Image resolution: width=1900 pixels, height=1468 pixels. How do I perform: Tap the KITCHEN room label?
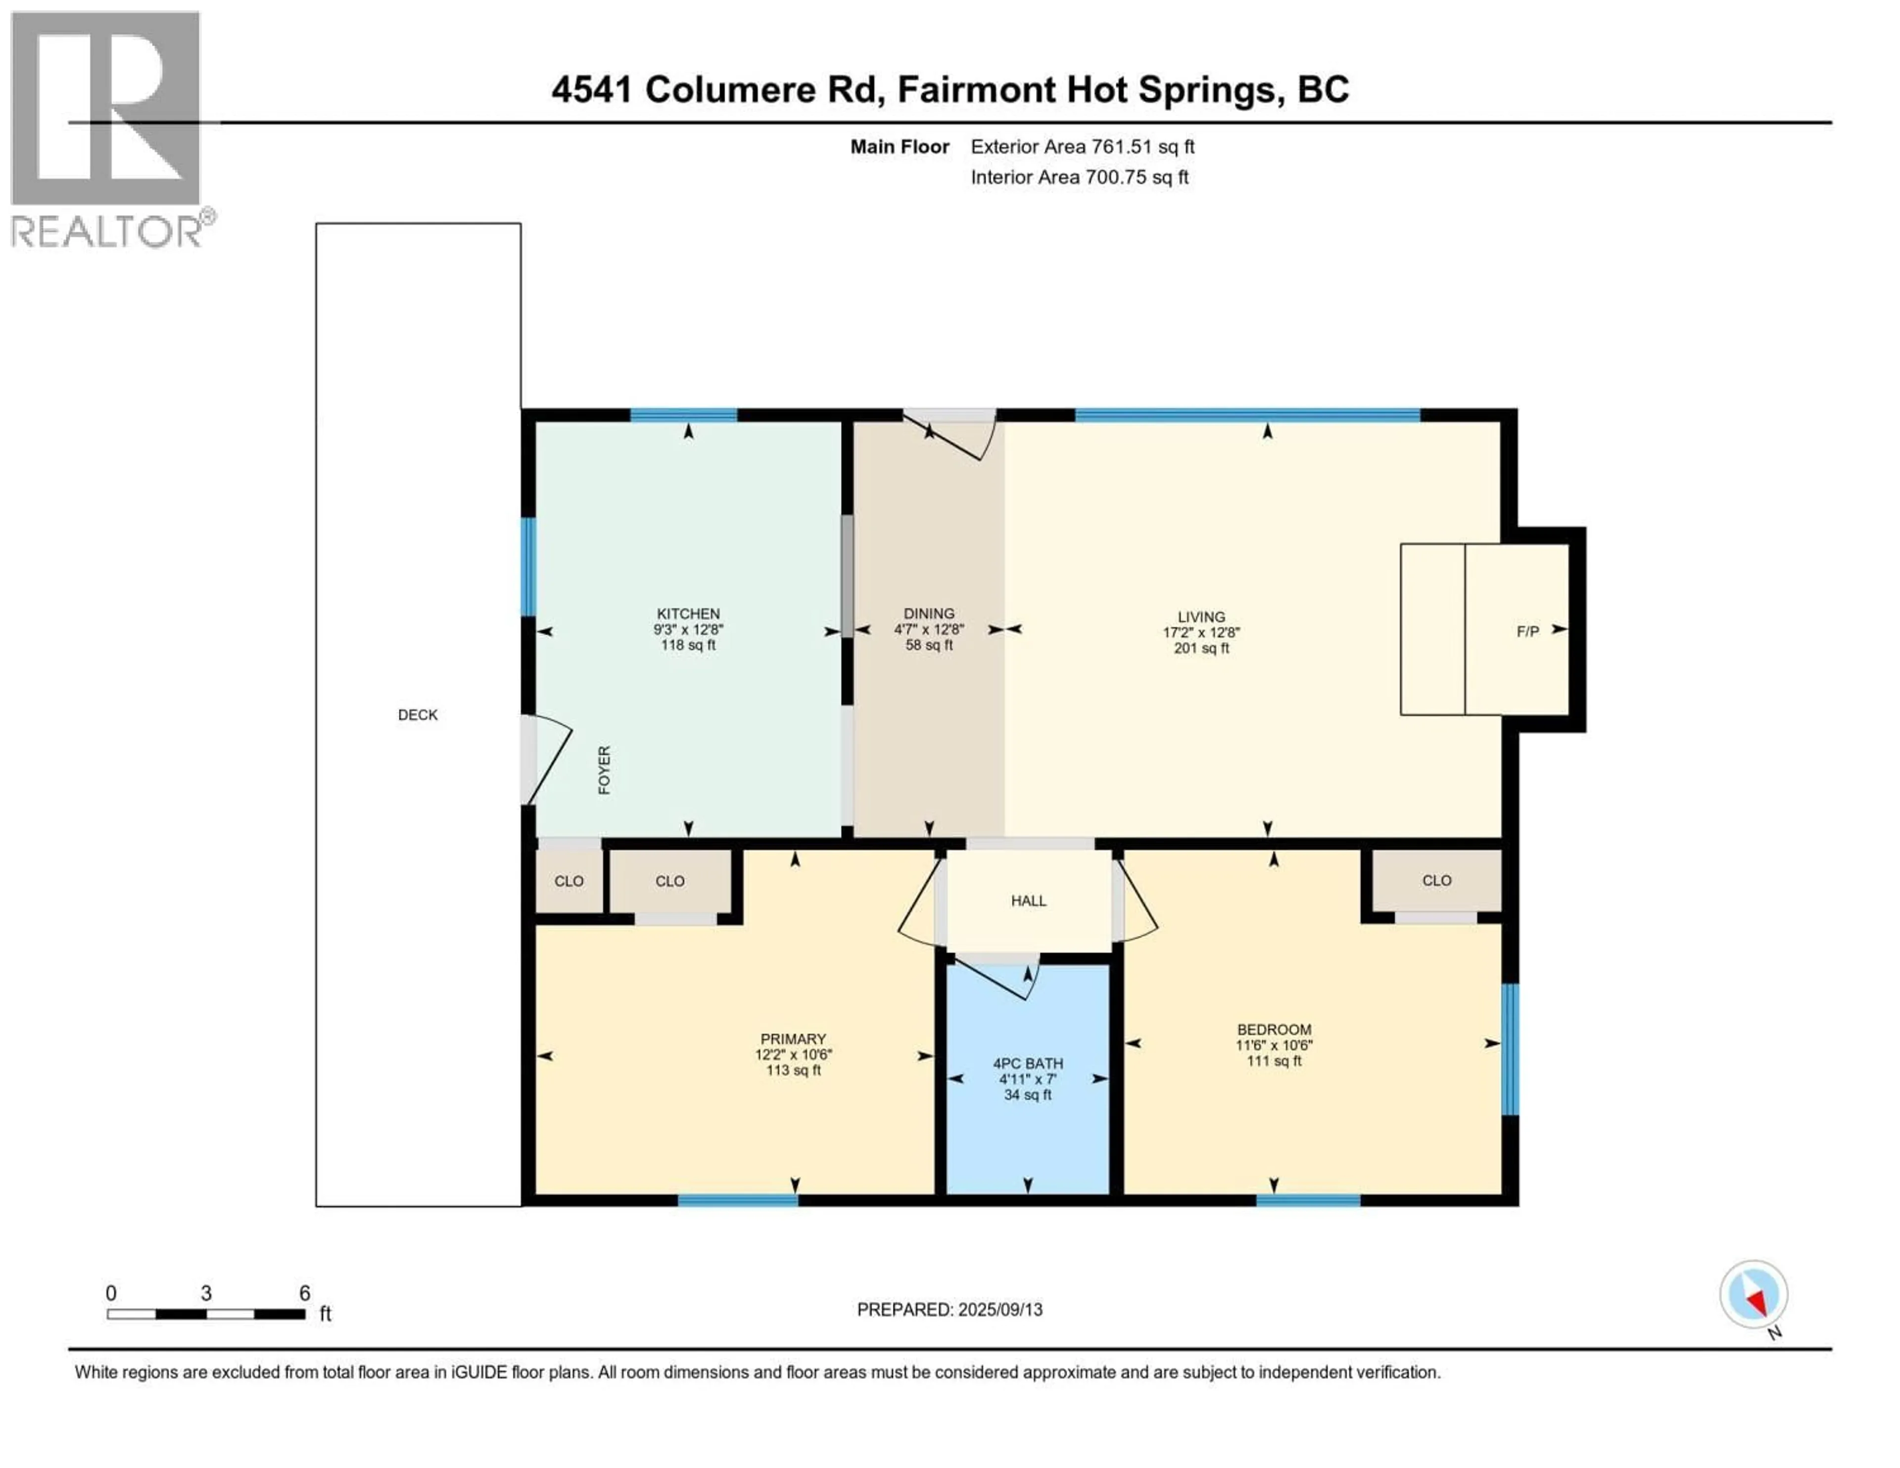pos(688,614)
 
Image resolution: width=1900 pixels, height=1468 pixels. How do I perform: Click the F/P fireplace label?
pos(1527,632)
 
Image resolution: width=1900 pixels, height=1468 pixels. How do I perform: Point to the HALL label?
pos(1028,900)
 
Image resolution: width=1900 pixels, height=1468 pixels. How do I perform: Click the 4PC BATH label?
pos(1028,1063)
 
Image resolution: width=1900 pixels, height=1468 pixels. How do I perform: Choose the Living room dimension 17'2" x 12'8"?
pos(1201,633)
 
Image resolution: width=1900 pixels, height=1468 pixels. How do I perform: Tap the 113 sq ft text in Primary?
pos(794,1070)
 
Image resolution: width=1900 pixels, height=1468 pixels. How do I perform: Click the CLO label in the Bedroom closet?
pos(1437,881)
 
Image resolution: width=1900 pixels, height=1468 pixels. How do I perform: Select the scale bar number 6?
pos(304,1293)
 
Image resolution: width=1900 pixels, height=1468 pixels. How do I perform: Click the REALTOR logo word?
pos(106,232)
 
